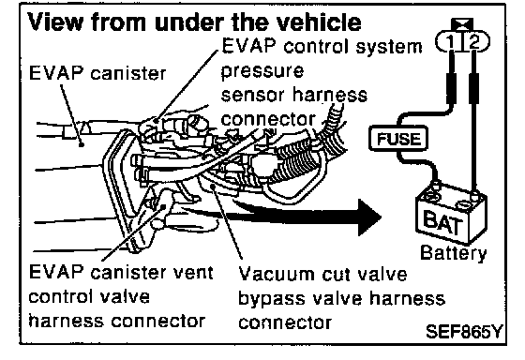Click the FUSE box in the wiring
[398, 139]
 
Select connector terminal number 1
[450, 42]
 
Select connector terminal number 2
[475, 42]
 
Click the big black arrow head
[369, 217]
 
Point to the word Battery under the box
[454, 253]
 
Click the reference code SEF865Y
[464, 332]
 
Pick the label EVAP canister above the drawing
[97, 73]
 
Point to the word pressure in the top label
[262, 72]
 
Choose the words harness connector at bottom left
[117, 321]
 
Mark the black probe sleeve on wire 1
[451, 89]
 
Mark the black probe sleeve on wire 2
[473, 89]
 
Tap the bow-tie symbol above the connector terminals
[462, 24]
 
